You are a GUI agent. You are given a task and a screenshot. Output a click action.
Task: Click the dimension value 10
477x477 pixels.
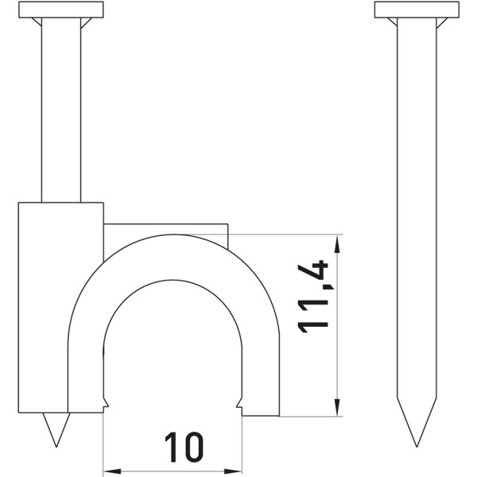pyautogui.click(x=184, y=447)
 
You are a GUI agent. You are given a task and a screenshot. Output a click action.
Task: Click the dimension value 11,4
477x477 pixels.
pyautogui.click(x=313, y=297)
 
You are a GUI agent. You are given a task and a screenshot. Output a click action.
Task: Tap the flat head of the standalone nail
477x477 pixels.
pyautogui.click(x=417, y=10)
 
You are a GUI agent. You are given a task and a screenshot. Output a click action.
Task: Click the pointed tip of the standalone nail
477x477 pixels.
pyautogui.click(x=417, y=447)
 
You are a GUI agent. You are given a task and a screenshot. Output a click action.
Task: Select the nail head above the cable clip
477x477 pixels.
pyautogui.click(x=61, y=10)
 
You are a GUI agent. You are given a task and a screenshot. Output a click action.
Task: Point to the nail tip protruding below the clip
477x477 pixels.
pyautogui.click(x=56, y=429)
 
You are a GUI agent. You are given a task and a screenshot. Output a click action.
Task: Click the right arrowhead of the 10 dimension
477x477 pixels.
pyautogui.click(x=235, y=471)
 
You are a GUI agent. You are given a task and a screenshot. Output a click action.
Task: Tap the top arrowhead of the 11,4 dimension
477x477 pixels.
pyautogui.click(x=336, y=244)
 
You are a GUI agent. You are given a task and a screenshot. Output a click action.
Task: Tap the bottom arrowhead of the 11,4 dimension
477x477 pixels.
pyautogui.click(x=336, y=407)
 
